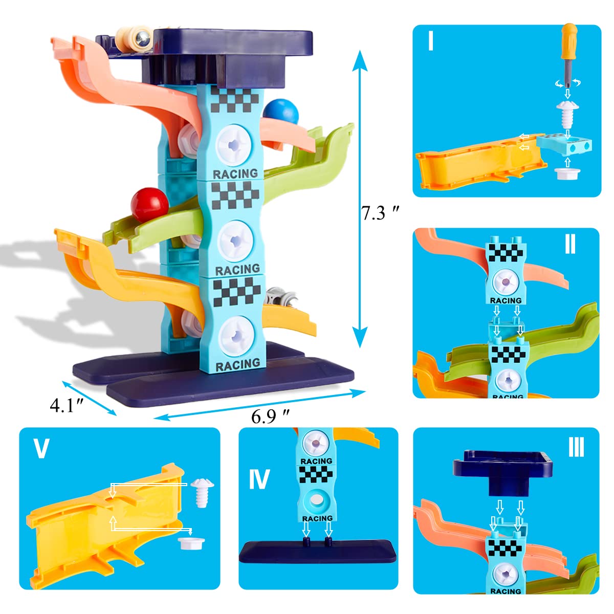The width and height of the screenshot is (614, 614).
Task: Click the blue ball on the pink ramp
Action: click(280, 112)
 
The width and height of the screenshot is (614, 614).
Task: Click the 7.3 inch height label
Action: click(380, 213)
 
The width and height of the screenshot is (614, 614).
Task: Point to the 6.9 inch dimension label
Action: click(270, 416)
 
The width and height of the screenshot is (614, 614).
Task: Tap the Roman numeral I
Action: click(431, 41)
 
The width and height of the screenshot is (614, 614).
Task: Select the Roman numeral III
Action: click(576, 447)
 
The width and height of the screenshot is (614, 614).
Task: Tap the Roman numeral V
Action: click(42, 448)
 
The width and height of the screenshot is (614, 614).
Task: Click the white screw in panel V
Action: click(202, 492)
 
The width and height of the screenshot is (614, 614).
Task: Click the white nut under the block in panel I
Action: click(567, 173)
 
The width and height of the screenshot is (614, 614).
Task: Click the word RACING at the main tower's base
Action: click(238, 365)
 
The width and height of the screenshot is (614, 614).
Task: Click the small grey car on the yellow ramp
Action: click(280, 297)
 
